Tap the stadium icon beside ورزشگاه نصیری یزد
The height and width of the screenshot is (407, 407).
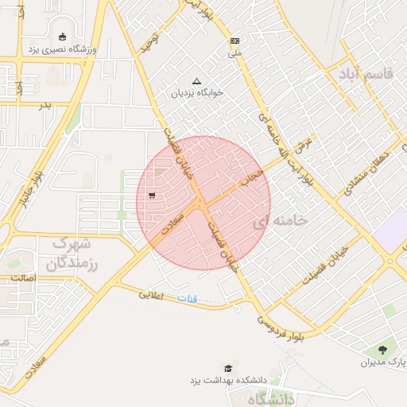coord(62,36)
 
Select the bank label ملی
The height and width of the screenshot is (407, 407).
coord(234,54)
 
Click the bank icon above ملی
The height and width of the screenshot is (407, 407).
coord(234,41)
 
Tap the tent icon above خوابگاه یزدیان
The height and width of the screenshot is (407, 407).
coord(197,80)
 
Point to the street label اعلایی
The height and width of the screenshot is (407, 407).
coord(151,295)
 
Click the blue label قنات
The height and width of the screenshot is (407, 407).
coord(208,300)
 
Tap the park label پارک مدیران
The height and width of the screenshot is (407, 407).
coord(383,363)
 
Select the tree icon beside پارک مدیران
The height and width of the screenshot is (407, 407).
coord(383,349)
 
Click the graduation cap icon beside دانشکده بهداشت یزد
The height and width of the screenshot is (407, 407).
coord(229,368)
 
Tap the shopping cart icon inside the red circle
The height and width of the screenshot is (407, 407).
coord(151,195)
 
